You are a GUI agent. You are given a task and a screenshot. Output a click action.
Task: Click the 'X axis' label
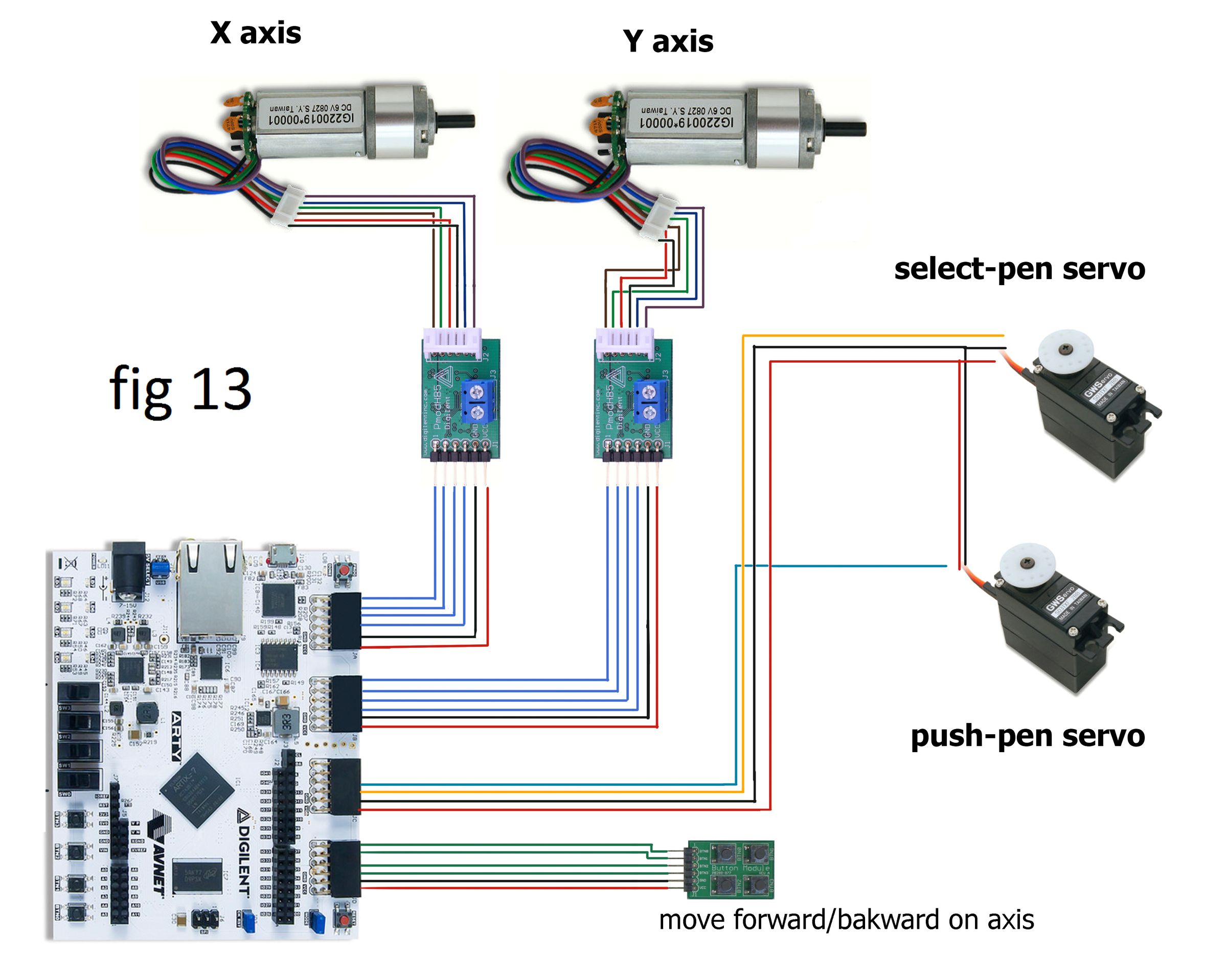pyautogui.click(x=256, y=33)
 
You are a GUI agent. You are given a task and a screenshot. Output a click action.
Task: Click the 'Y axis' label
pyautogui.click(x=668, y=41)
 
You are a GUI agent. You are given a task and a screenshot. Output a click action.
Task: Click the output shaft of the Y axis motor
pyautogui.click(x=846, y=129)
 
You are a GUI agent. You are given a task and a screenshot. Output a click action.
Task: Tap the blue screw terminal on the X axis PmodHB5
pyautogui.click(x=478, y=401)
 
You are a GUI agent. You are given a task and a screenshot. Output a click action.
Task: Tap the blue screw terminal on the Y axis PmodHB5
pyautogui.click(x=651, y=401)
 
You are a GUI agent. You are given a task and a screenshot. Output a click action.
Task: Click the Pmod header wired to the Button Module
pyautogui.click(x=345, y=869)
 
